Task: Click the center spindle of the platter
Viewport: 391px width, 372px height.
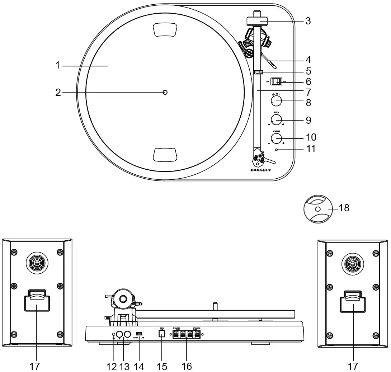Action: (165, 92)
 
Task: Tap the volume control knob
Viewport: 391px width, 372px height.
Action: (276, 138)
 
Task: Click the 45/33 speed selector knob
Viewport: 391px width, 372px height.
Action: (276, 102)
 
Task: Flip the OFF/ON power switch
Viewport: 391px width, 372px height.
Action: (277, 81)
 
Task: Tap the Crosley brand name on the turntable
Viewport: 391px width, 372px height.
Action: (260, 170)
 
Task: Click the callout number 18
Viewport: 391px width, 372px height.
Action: (344, 208)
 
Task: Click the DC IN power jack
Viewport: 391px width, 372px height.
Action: (161, 334)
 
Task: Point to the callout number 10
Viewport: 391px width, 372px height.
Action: (311, 137)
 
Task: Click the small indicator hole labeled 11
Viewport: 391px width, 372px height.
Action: (277, 149)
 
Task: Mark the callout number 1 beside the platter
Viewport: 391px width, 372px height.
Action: (57, 66)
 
